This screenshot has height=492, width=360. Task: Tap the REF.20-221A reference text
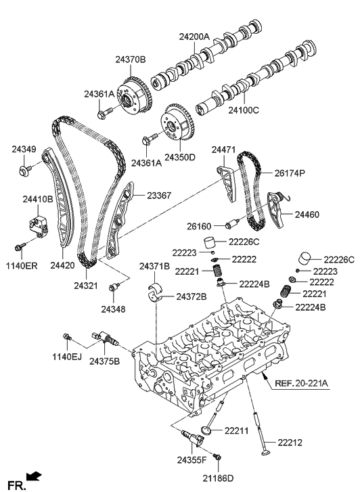point(301,384)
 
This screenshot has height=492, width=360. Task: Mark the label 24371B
point(154,266)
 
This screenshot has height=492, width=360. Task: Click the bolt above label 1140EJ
point(67,336)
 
